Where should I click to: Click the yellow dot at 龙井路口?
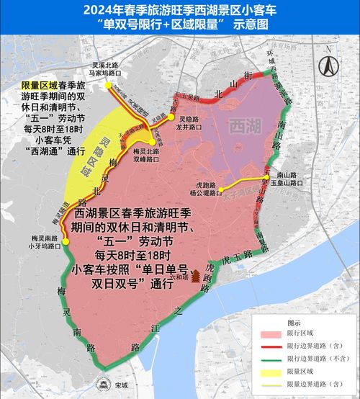(x=172, y=117)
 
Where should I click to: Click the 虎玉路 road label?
(x=235, y=256)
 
